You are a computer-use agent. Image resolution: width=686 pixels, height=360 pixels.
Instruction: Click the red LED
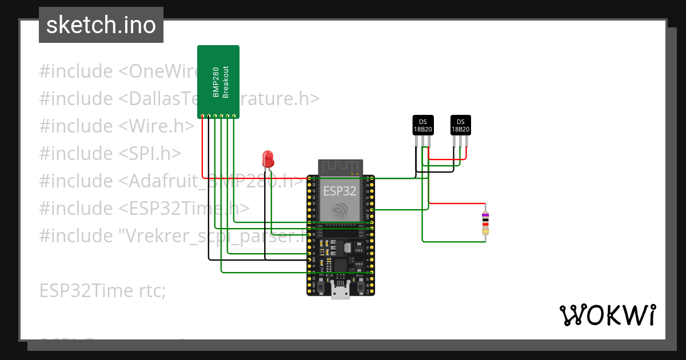[267, 158]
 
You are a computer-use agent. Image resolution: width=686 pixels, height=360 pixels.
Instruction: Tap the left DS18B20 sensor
[423, 126]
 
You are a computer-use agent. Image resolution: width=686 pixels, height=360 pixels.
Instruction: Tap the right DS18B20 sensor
[461, 126]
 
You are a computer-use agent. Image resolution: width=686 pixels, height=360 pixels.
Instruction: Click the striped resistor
[485, 222]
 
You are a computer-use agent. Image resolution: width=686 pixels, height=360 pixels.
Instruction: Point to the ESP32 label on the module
[340, 190]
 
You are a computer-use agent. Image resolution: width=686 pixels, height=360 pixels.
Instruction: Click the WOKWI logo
[607, 315]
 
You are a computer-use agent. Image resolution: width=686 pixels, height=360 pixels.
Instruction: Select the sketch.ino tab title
[101, 25]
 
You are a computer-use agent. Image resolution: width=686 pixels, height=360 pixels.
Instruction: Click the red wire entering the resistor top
[457, 203]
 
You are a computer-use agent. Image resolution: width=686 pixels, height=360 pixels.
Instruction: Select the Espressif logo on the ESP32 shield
[340, 210]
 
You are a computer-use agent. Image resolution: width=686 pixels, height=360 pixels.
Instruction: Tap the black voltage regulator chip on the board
[347, 247]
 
